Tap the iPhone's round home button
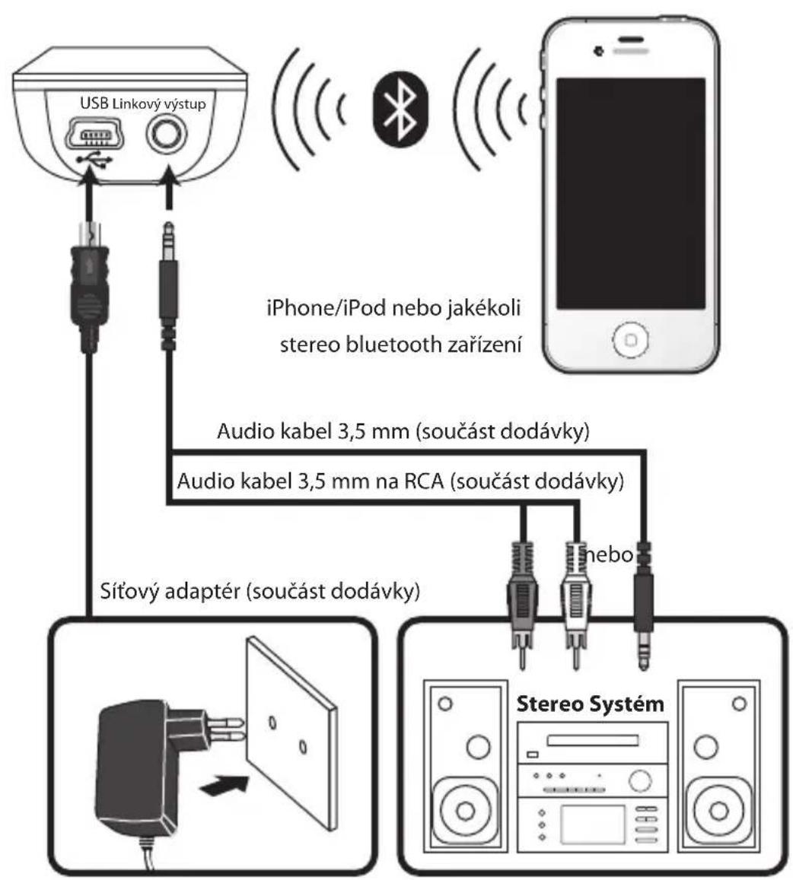[630, 339]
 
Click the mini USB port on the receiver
[94, 134]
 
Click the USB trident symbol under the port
[94, 160]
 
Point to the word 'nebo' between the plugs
[609, 554]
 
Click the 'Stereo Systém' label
[590, 704]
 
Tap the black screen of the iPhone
[630, 193]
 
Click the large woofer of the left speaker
[465, 810]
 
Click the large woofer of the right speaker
[719, 810]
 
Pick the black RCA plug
[522, 603]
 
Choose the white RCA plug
[575, 603]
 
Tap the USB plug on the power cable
[89, 286]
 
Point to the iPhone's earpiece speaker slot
[630, 40]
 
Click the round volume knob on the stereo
[640, 780]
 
